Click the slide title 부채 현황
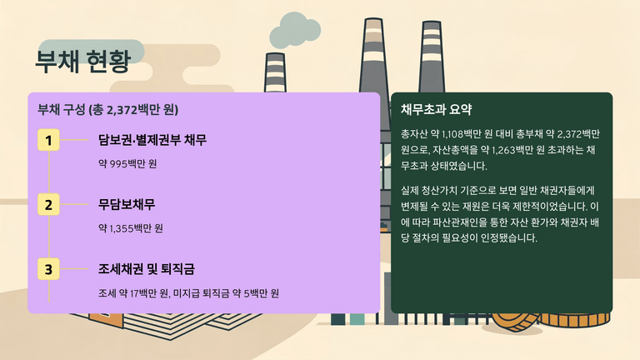[82, 62]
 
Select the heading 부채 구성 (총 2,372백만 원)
[107, 109]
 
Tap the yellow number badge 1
[48, 140]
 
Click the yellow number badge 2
[48, 204]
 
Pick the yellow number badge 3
[48, 269]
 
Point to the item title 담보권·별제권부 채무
[152, 140]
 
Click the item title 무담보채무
[127, 204]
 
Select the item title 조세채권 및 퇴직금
[147, 269]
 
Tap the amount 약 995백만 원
[127, 163]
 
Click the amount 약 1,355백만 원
[131, 228]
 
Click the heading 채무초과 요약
[437, 109]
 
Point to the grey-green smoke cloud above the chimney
[295, 30]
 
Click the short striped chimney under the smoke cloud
[275, 72]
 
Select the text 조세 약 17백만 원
[133, 293]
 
